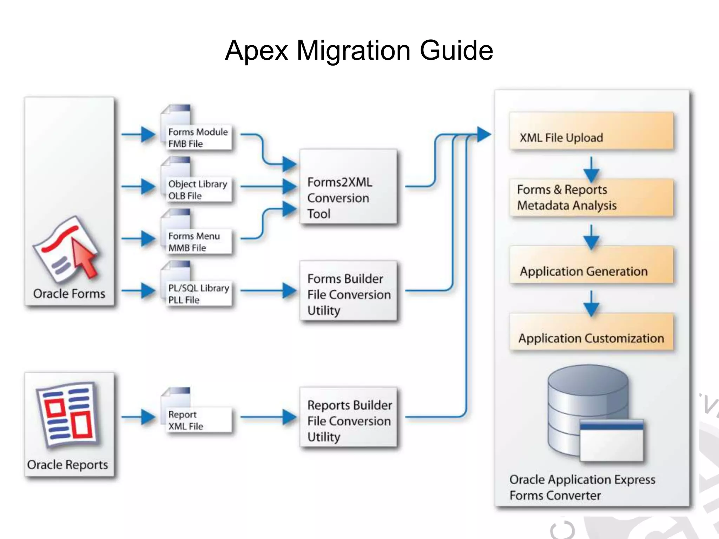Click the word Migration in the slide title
point(354,51)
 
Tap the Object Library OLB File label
point(198,189)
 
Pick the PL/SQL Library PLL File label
point(198,294)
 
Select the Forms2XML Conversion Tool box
point(348,187)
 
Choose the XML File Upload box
point(592,132)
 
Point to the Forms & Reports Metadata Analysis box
point(592,198)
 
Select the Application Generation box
point(592,265)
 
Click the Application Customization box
point(592,332)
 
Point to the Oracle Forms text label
point(69,294)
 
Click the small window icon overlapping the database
point(612,441)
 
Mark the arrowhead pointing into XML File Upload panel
point(483,134)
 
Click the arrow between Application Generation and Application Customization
point(591,304)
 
